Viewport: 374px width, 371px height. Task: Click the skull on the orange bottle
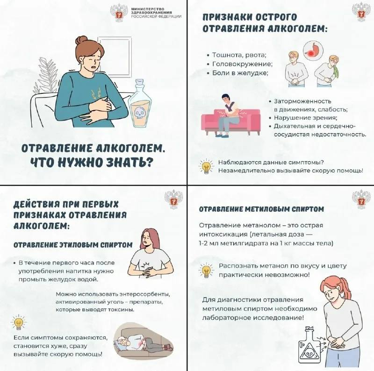click(x=139, y=113)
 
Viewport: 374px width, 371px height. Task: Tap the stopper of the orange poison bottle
click(x=140, y=84)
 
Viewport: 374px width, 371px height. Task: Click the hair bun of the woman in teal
click(x=82, y=40)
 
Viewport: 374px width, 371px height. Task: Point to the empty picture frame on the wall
click(x=115, y=56)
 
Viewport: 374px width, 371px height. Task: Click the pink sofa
click(x=230, y=121)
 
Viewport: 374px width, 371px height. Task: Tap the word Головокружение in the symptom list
click(x=242, y=64)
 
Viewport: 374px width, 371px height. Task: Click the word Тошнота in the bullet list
click(x=227, y=55)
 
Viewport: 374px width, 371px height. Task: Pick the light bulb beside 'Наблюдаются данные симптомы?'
click(x=206, y=167)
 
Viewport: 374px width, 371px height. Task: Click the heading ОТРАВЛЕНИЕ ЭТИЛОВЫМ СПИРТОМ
click(x=73, y=245)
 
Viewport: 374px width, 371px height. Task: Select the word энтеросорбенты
click(x=144, y=294)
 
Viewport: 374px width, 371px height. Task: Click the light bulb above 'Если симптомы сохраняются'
click(x=18, y=322)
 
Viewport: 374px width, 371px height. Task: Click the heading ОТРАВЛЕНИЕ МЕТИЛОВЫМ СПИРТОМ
click(x=261, y=209)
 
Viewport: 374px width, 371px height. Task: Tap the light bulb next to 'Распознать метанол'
click(x=206, y=271)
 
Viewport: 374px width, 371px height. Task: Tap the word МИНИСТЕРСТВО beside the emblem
click(x=148, y=9)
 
